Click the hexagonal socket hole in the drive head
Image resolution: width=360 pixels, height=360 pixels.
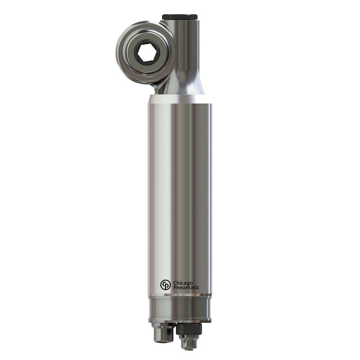tap(147, 53)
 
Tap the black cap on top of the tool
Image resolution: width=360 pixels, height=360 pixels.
tap(181, 17)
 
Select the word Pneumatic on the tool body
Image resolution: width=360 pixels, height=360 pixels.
tap(186, 288)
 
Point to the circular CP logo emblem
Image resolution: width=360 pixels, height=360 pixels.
tap(165, 285)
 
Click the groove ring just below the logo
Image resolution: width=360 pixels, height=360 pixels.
tap(179, 296)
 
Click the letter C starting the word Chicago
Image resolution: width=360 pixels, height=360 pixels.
tap(175, 282)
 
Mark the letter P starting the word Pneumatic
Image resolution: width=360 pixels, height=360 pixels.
tap(175, 288)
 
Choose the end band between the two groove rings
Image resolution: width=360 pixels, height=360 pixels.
tap(179, 307)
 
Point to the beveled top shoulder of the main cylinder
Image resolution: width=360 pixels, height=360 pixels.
tap(179, 99)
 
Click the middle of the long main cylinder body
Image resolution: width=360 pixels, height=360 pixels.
tap(179, 195)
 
